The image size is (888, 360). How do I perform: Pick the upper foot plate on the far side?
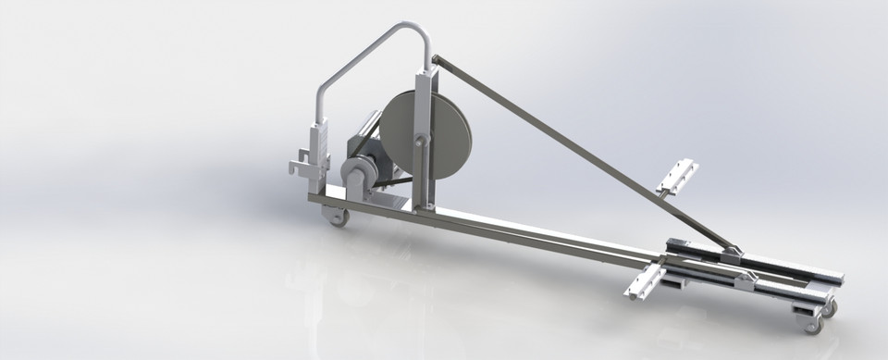point(677,177)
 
